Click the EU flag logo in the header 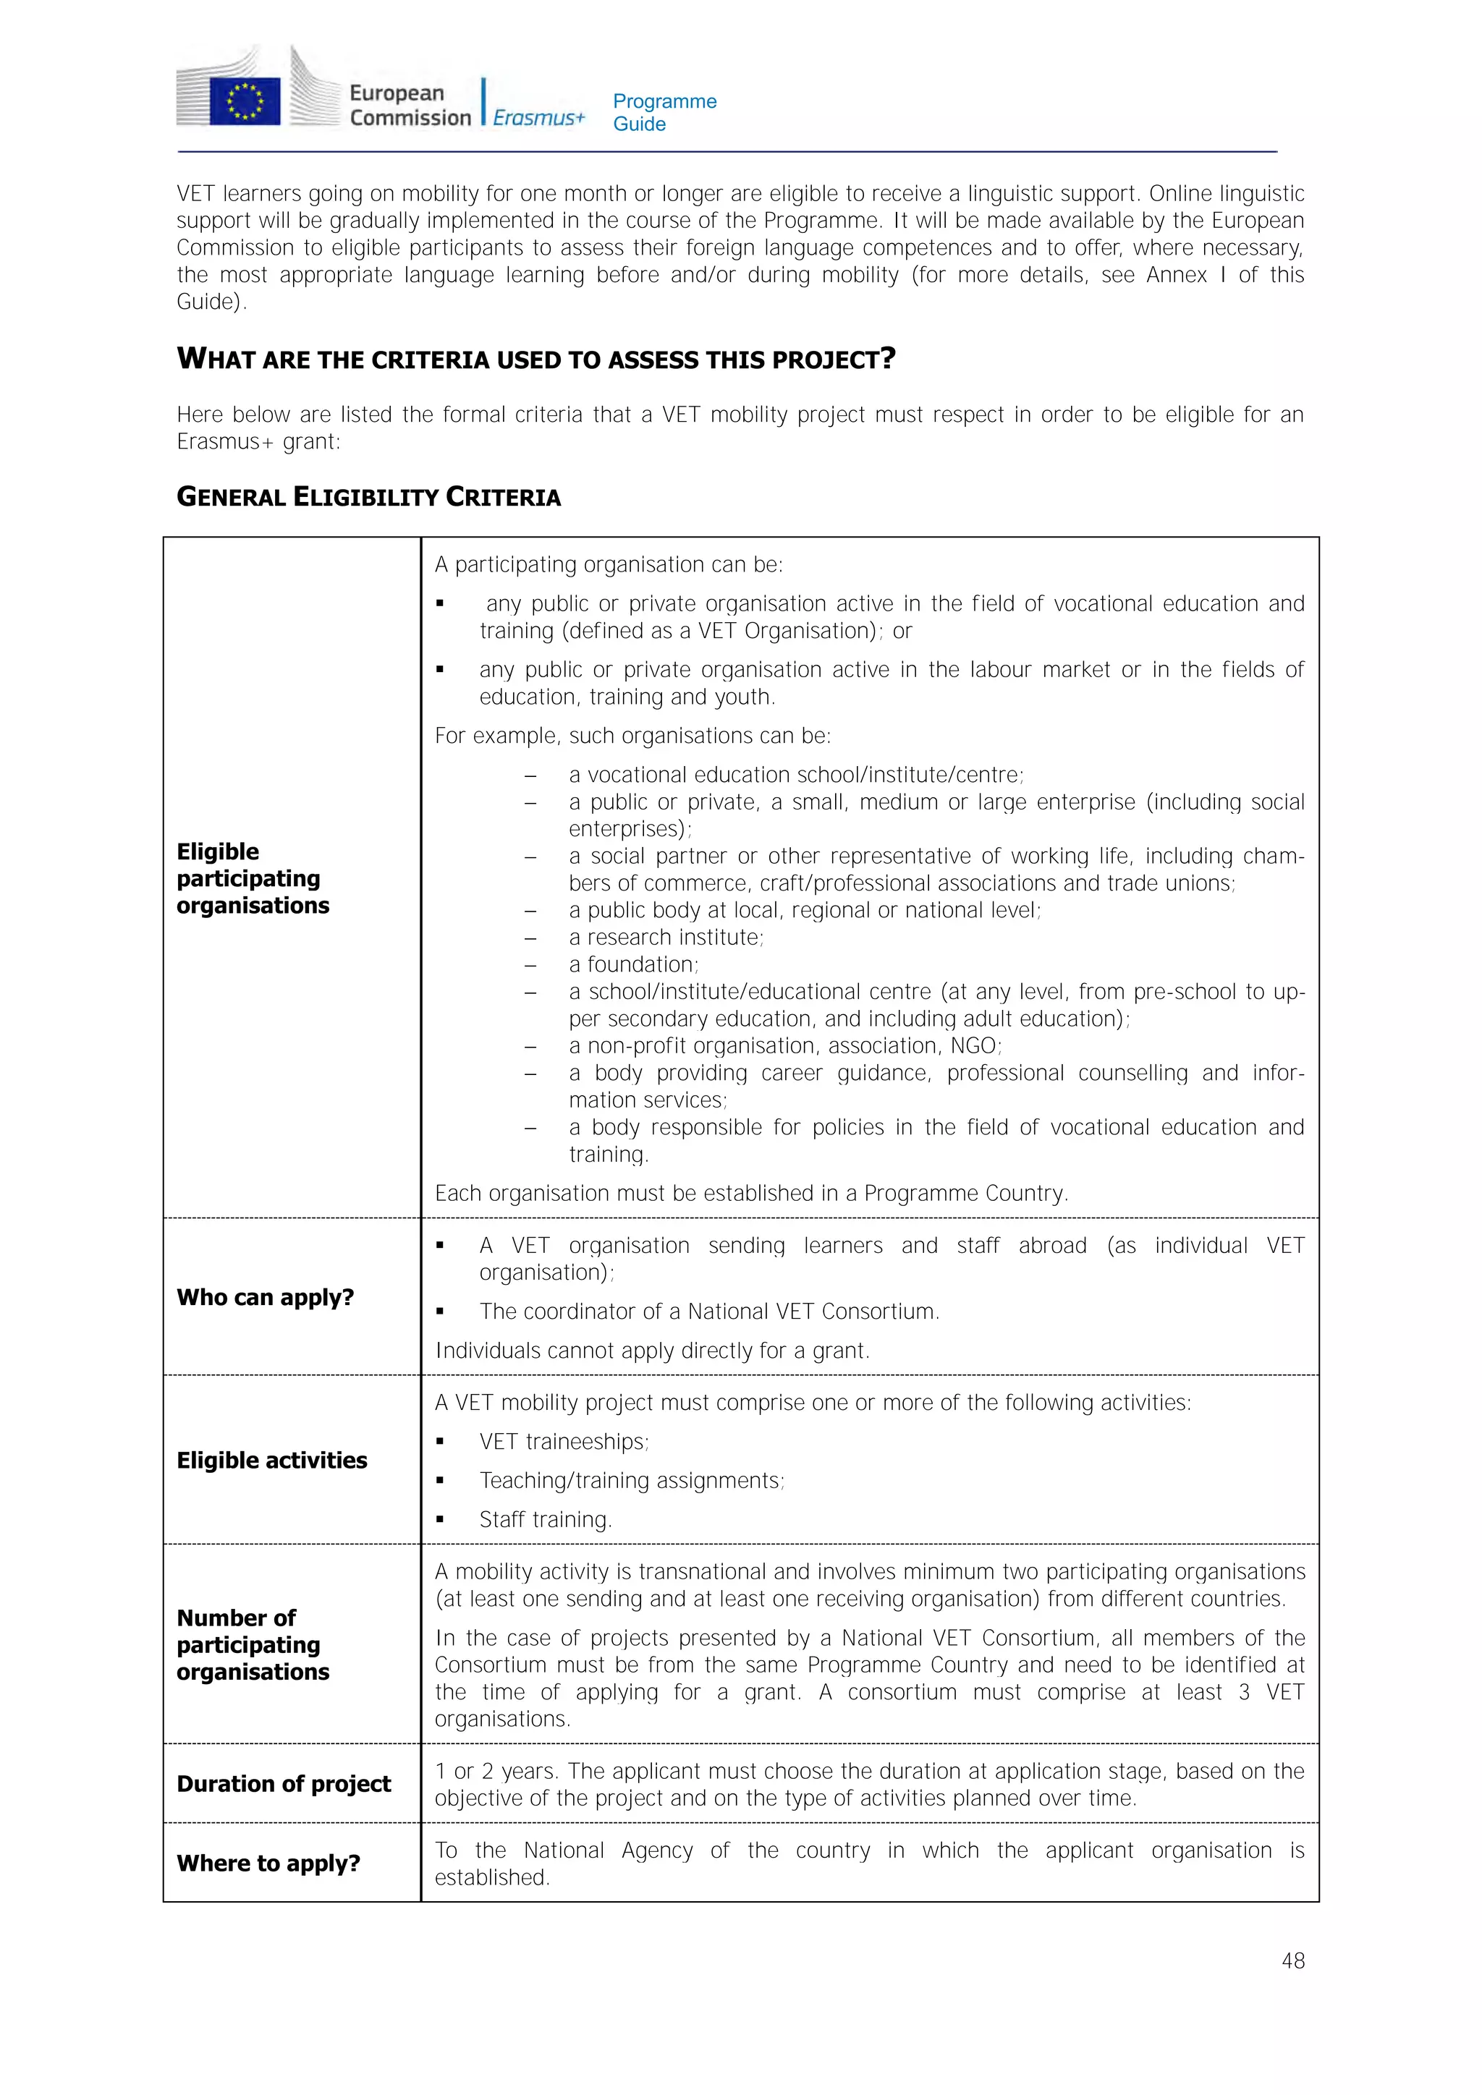pos(245,101)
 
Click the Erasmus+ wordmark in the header pos(538,118)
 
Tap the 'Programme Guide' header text pos(664,112)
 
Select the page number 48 pos(1292,1960)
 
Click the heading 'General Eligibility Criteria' pos(368,497)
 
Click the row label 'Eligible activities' pos(272,1460)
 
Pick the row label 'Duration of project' pos(284,1783)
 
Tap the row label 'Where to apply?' pos(268,1862)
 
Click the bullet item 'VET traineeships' pos(563,1442)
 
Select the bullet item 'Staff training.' pos(545,1519)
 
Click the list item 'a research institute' pos(666,937)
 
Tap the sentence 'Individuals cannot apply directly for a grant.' pos(653,1351)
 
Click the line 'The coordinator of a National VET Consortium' pos(709,1312)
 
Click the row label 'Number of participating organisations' pos(253,1644)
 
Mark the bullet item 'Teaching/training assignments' pos(632,1480)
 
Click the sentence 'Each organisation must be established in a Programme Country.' pos(751,1193)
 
